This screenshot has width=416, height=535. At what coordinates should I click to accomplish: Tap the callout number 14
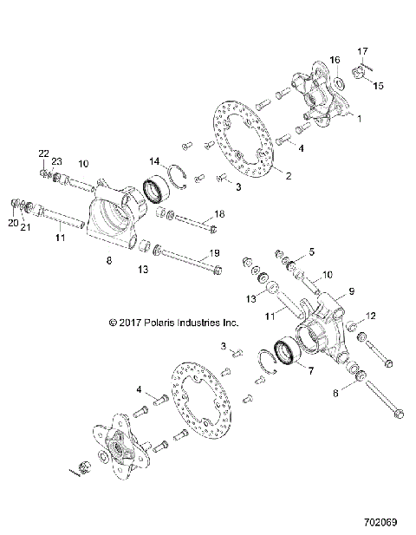(154, 160)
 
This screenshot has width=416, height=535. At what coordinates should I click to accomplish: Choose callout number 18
(219, 213)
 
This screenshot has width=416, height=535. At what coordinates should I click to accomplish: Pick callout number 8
(107, 259)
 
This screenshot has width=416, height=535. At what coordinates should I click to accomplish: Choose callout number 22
(43, 153)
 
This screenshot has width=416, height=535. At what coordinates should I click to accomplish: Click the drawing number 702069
(382, 523)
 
